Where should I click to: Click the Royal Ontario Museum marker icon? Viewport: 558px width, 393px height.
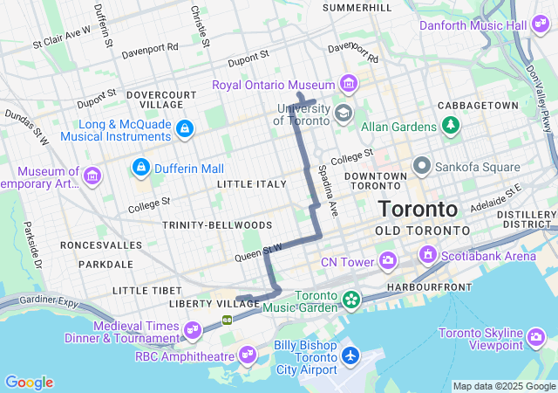tap(350, 84)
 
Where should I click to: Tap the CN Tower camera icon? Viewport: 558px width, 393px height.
tap(388, 260)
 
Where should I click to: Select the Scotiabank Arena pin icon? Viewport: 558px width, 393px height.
tap(428, 255)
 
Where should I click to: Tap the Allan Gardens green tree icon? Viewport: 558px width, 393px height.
tap(451, 127)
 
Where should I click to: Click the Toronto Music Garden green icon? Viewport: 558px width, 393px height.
tap(350, 300)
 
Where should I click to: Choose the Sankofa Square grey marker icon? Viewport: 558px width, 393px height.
tap(422, 165)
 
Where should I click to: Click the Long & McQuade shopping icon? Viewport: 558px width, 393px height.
tap(184, 129)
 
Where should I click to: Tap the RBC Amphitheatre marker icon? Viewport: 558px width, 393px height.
tap(248, 354)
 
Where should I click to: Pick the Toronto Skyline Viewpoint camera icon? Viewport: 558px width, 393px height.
tap(538, 336)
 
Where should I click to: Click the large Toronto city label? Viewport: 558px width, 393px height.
tap(418, 210)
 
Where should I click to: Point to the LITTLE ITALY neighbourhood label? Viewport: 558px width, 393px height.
tap(251, 184)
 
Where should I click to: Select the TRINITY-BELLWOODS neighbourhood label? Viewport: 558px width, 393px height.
tap(217, 225)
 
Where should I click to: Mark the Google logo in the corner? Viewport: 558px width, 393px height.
tap(29, 383)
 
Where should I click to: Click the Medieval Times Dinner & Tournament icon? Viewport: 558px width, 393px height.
tap(193, 329)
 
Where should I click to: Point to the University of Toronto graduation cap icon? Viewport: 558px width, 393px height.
tap(344, 114)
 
